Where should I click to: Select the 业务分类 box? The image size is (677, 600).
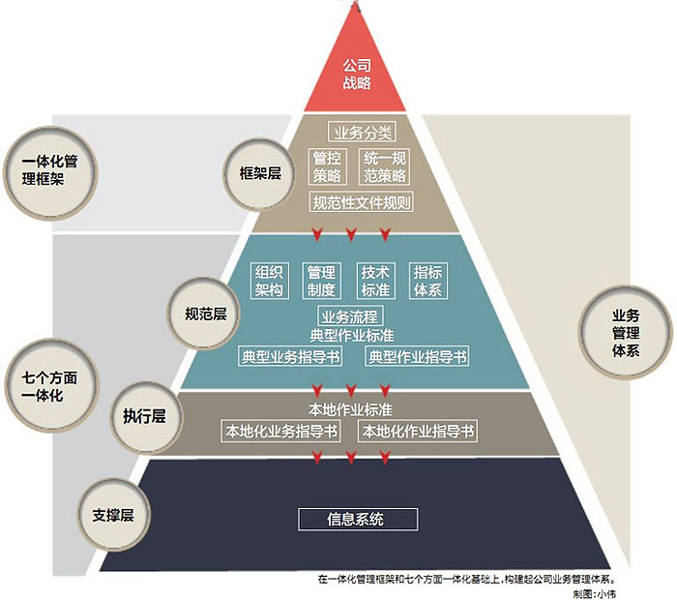[362, 134]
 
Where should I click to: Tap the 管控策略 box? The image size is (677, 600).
[328, 166]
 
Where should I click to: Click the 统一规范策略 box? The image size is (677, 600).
[384, 166]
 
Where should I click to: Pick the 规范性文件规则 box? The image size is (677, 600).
[362, 202]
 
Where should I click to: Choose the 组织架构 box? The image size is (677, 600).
[269, 280]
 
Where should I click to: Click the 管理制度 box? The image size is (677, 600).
[320, 280]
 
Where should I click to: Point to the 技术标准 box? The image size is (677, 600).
[374, 280]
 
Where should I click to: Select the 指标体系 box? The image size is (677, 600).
[427, 280]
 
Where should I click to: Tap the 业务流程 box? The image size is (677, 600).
[348, 315]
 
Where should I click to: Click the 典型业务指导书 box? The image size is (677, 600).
[290, 356]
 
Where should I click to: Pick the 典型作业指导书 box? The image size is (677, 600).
[417, 356]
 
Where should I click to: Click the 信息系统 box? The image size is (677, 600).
[356, 519]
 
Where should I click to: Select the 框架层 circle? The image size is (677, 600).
[260, 173]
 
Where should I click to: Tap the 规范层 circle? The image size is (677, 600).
[205, 314]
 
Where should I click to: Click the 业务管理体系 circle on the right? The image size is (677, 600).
[626, 331]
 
